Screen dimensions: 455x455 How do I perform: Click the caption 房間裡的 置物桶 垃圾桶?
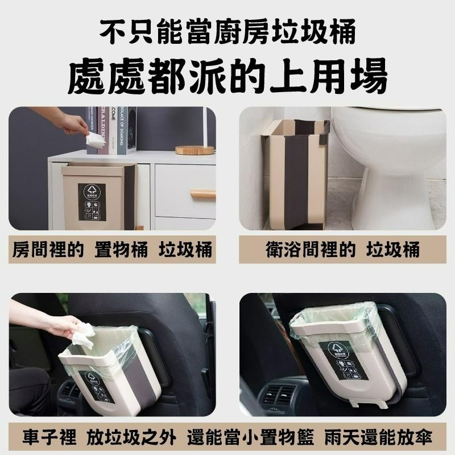point(112,250)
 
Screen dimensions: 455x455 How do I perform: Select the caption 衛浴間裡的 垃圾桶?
point(342,250)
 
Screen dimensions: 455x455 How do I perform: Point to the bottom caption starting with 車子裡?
point(227,439)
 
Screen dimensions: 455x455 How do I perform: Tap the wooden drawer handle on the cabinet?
point(202,194)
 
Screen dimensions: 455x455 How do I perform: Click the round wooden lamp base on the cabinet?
point(195,150)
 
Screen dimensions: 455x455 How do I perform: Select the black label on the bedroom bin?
point(92,202)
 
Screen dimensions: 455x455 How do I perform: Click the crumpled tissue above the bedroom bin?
point(95,140)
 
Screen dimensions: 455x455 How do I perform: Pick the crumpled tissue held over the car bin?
point(82,334)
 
